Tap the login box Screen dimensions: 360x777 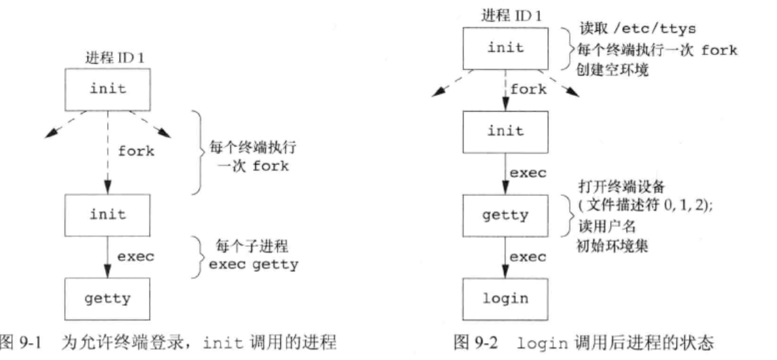(505, 299)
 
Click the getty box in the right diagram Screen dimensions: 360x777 (505, 214)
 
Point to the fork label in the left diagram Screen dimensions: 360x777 (136, 152)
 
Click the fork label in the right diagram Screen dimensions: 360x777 (528, 90)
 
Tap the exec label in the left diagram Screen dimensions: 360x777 (135, 256)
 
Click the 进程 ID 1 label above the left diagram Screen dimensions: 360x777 (115, 57)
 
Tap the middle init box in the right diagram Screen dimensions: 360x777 (505, 131)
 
